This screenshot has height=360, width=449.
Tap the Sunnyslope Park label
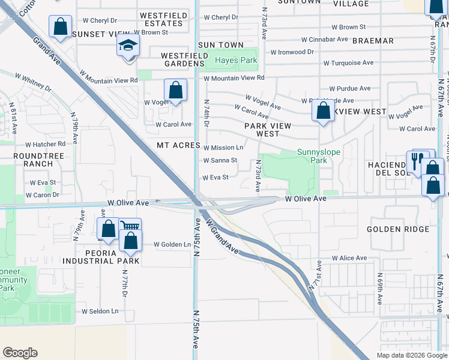[319, 156]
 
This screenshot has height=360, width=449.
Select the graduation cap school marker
[128, 46]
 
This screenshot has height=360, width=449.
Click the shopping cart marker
[130, 227]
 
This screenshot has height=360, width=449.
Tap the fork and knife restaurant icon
[416, 161]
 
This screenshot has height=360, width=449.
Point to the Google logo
[20, 353]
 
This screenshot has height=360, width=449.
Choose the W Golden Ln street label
[172, 244]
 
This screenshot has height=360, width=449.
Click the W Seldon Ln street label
[100, 311]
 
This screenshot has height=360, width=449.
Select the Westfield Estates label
[160, 19]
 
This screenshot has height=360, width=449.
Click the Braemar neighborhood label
[373, 41]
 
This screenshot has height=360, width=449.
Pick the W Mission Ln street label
[223, 148]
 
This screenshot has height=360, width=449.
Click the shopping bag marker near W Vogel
[175, 91]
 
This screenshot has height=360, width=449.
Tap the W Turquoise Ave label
[348, 62]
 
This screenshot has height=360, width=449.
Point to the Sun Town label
[221, 45]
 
